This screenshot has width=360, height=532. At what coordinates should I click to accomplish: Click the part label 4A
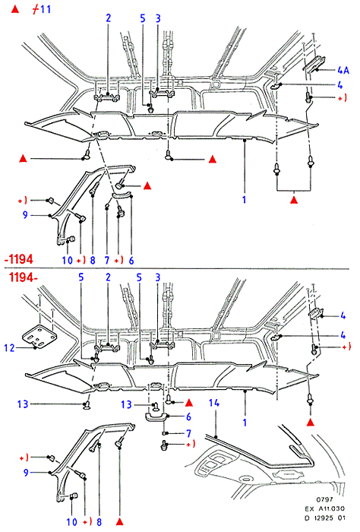tap(343, 70)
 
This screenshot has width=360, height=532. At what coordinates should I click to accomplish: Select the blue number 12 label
tap(9, 348)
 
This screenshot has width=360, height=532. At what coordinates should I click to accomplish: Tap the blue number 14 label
tap(214, 403)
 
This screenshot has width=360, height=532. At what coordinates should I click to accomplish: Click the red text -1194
tap(19, 259)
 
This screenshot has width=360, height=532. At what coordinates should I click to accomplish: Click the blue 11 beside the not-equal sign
tap(46, 9)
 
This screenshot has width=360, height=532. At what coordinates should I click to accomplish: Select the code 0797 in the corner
tap(324, 499)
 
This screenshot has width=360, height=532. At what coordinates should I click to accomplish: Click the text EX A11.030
tap(324, 508)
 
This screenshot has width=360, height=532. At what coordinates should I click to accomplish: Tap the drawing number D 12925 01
tap(324, 518)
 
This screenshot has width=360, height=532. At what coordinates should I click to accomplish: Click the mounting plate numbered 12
tap(39, 337)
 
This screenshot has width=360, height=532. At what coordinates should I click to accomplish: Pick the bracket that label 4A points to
tap(314, 63)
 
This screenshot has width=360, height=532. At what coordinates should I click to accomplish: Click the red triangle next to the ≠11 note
tap(15, 9)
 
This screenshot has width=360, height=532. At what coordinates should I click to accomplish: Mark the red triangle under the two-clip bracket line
tap(294, 200)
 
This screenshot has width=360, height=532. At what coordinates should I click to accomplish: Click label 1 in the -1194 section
tap(244, 199)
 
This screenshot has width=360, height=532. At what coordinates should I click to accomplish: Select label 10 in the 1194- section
tap(72, 521)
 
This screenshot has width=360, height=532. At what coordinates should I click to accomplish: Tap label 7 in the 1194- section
tap(189, 433)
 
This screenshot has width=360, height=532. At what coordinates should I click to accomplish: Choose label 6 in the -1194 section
tap(131, 260)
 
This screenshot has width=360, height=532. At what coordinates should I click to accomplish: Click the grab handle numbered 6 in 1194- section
tap(156, 416)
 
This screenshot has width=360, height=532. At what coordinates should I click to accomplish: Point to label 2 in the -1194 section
tap(108, 18)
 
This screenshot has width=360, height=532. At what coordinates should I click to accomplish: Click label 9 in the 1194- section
tap(26, 472)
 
